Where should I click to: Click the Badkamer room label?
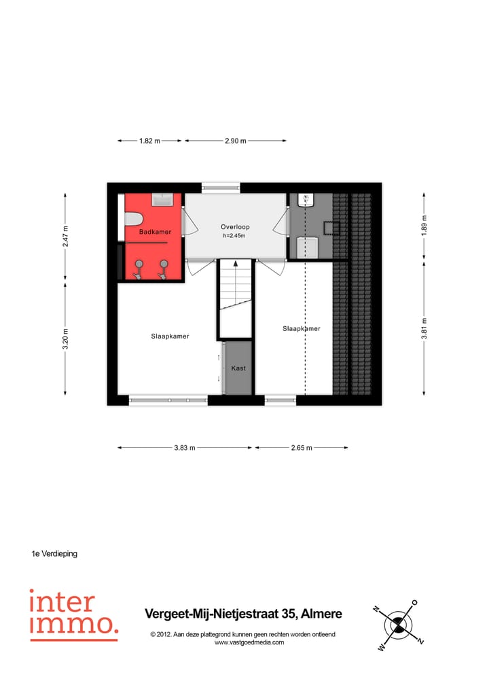[155, 232]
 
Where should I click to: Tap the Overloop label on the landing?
[236, 227]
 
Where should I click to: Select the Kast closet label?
[238, 368]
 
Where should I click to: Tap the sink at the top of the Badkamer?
[162, 200]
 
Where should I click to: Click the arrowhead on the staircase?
[236, 264]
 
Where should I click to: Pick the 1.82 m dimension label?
[149, 141]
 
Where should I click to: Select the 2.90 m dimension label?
[235, 141]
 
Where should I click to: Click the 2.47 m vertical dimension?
[66, 237]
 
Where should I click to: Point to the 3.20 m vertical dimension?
[66, 338]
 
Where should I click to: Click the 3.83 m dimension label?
[184, 448]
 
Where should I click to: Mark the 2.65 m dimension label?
[301, 448]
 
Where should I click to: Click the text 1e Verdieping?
[54, 554]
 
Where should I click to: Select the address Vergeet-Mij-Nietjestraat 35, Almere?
[243, 614]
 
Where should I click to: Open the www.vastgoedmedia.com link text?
[249, 642]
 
